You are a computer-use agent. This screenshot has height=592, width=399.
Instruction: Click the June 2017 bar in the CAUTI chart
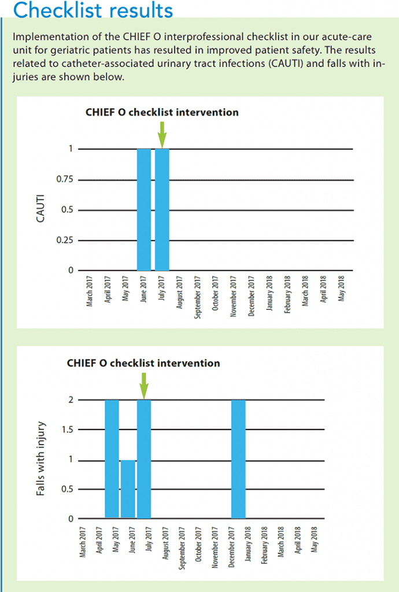[x=144, y=209]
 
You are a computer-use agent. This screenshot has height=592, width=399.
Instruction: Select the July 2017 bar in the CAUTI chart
[x=162, y=209]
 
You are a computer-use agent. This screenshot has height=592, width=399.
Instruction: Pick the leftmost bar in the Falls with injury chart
[x=112, y=459]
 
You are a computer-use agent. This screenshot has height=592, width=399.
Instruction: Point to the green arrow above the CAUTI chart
[x=162, y=138]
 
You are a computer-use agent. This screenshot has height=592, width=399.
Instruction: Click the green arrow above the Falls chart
[x=144, y=386]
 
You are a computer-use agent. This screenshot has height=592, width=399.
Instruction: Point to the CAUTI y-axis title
[x=40, y=210]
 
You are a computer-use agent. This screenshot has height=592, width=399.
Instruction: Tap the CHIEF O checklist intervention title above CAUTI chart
[x=162, y=112]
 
